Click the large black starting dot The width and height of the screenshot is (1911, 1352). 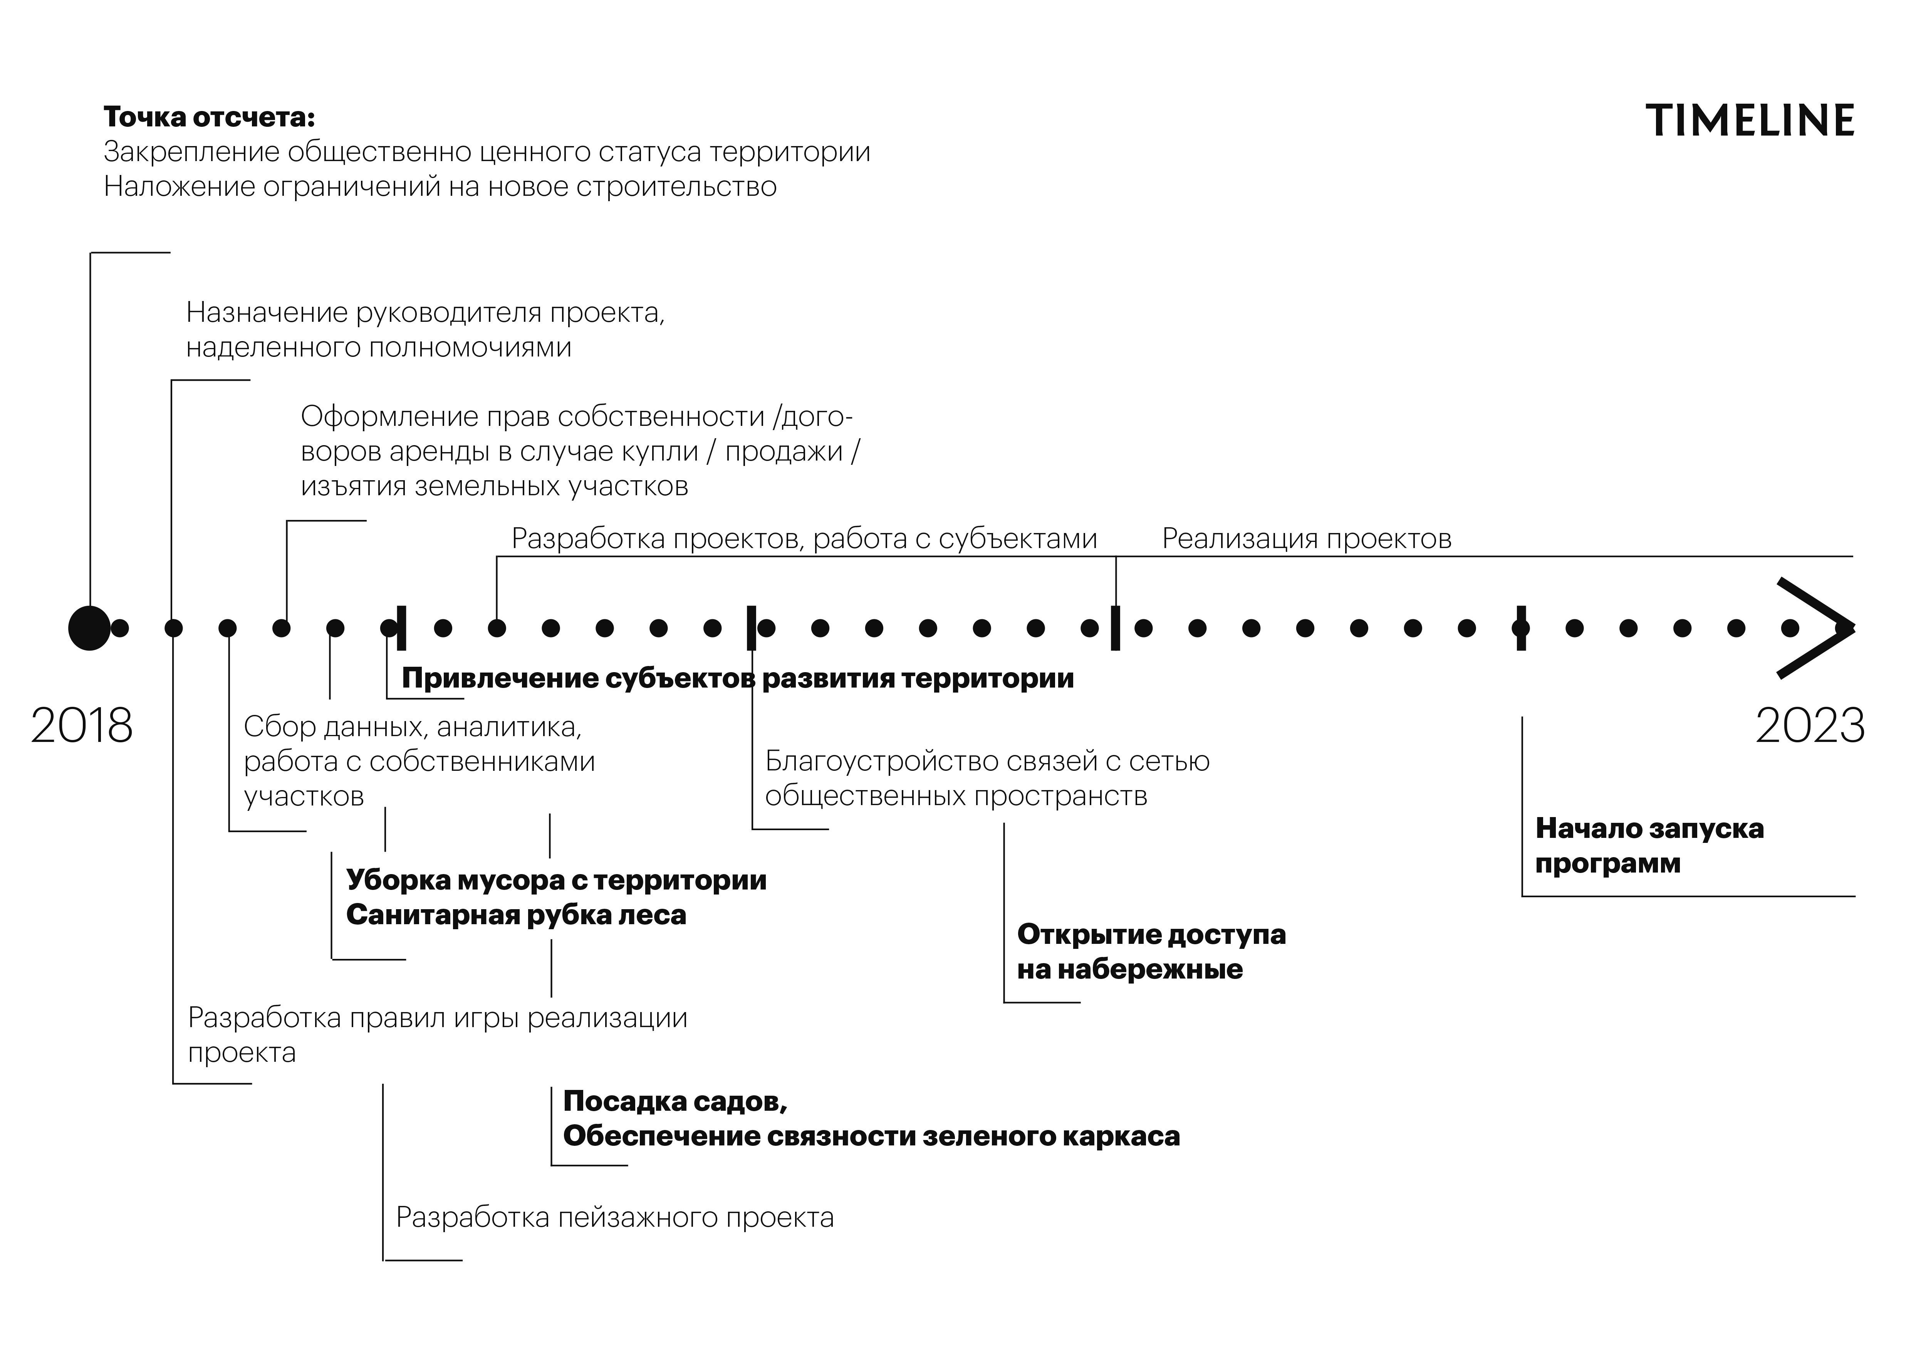89,628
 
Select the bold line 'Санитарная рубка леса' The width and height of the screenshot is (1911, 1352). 516,915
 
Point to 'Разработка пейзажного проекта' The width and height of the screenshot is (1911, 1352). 614,1217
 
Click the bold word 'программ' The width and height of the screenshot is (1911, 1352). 1607,863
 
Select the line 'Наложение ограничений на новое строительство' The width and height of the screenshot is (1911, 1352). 440,187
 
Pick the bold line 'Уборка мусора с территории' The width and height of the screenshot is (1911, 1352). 556,880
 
